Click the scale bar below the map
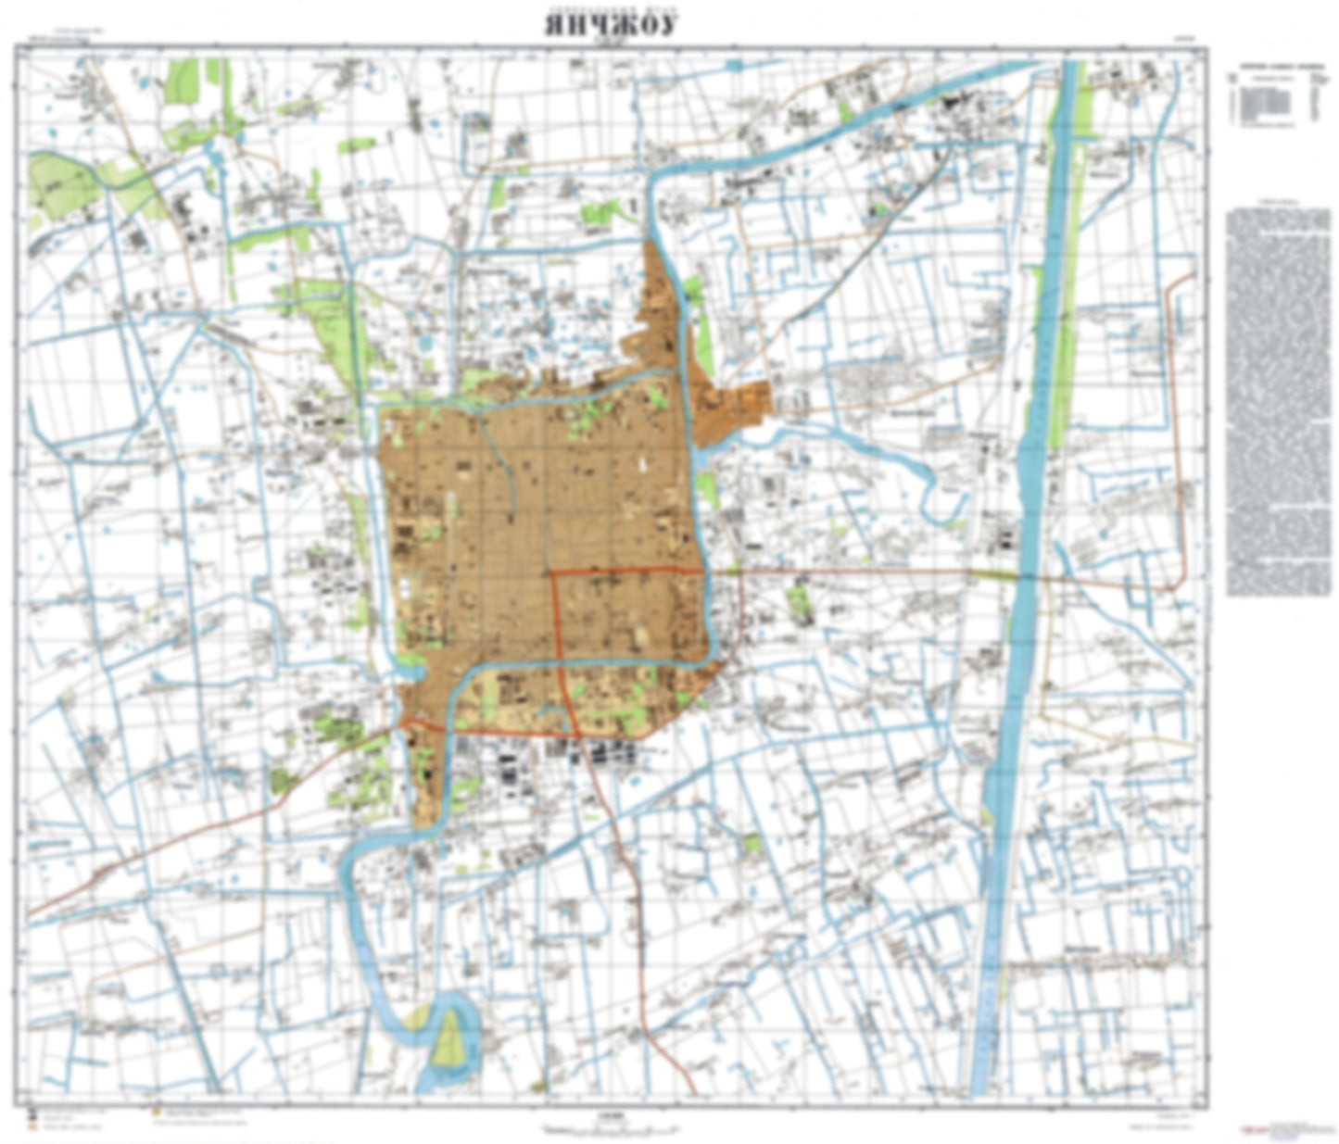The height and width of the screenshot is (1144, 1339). [612, 1127]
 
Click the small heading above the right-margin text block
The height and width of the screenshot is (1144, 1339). [1278, 203]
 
